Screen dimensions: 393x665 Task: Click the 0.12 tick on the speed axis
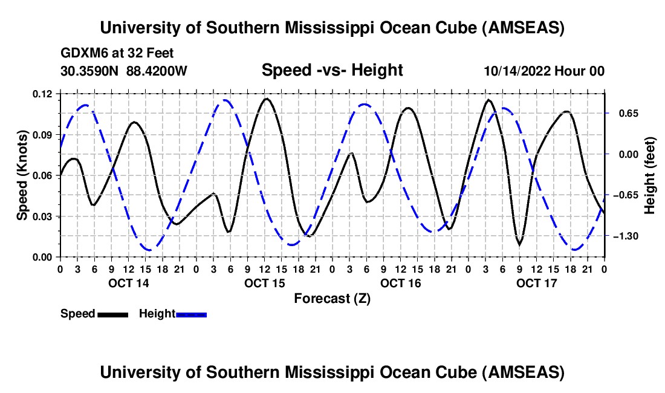44,94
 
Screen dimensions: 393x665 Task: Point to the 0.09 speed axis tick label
44,134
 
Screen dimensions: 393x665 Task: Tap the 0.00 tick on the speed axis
44,257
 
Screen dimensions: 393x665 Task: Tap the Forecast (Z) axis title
332,298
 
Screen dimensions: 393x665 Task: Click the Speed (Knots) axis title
22,175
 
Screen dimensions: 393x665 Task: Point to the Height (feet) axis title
650,175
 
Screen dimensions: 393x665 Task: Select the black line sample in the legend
112,314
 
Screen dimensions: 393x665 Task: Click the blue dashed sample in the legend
192,314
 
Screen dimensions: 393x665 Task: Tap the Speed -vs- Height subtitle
332,70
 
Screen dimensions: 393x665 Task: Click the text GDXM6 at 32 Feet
117,53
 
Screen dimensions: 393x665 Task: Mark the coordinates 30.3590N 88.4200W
124,71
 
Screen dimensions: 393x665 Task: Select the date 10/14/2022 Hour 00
544,71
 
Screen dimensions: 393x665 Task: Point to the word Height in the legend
157,314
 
